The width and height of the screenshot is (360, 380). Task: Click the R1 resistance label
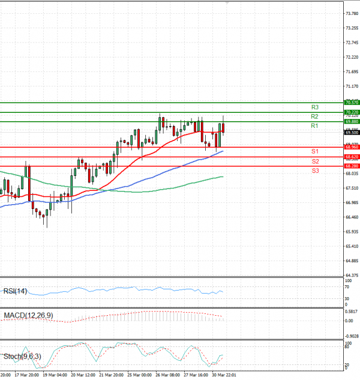(314, 126)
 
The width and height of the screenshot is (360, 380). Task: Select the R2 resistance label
(314, 116)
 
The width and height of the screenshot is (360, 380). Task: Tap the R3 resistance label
(314, 107)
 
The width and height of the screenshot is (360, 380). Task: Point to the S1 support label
(314, 151)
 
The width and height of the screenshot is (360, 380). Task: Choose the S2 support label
(314, 161)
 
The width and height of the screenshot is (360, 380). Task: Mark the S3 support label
(314, 171)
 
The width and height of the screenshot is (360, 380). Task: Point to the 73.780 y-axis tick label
(352, 13)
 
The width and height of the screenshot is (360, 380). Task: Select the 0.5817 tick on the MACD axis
(352, 311)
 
